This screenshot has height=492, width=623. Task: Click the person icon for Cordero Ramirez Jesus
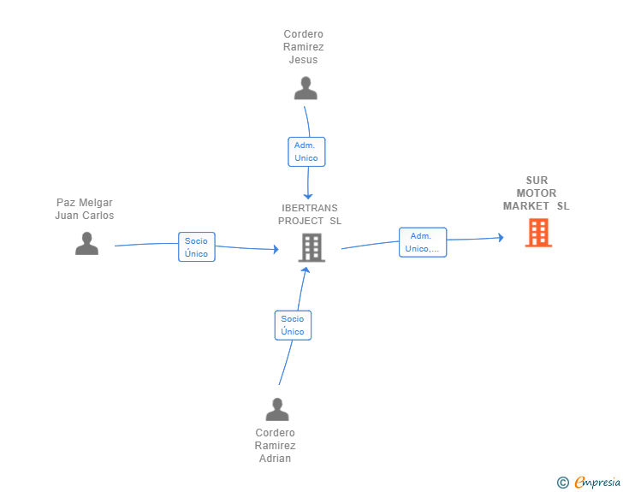point(306,88)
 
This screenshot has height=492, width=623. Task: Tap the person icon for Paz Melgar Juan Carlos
point(86,243)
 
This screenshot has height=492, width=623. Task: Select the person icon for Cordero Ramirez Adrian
point(277,409)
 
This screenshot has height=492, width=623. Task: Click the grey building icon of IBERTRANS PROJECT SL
point(311,248)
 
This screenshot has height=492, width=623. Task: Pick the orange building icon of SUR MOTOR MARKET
point(538,233)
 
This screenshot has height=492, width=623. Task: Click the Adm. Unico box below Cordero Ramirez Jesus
point(306,151)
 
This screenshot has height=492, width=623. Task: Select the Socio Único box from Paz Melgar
point(197,246)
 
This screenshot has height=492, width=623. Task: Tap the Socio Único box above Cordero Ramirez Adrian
point(293,325)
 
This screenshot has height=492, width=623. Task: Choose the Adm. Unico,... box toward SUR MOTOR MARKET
point(423,242)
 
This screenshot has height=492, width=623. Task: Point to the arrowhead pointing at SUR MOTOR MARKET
point(501,238)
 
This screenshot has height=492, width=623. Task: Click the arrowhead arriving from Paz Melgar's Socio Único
point(276,249)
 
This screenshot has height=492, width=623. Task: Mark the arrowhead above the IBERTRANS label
point(308,196)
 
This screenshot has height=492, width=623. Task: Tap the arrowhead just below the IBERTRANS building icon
point(306,270)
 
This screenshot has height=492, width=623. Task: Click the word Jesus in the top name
point(303,60)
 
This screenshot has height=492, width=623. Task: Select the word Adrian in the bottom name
point(275,459)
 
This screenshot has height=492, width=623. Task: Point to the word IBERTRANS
point(310,208)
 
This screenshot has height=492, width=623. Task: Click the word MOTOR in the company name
point(537,193)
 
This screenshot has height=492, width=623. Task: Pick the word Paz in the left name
point(65,203)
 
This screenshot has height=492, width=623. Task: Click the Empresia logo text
point(597,482)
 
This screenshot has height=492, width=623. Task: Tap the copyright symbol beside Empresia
point(563,483)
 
